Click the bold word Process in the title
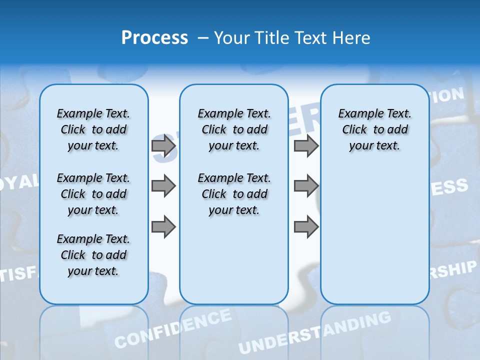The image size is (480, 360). tap(154, 38)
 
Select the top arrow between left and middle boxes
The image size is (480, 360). tap(163, 145)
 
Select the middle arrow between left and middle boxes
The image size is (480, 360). tap(163, 186)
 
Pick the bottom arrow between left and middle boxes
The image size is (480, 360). tap(163, 226)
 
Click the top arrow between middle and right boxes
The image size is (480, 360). tap(306, 145)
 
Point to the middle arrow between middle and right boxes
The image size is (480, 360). tap(306, 186)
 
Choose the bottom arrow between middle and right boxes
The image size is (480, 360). tap(306, 226)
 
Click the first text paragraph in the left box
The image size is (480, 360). tap(93, 129)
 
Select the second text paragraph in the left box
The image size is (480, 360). tap(93, 194)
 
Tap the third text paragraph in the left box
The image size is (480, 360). tap(93, 255)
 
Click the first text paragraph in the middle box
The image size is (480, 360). tap(234, 129)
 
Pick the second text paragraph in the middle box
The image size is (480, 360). tap(234, 194)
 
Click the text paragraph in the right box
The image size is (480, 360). tap(374, 129)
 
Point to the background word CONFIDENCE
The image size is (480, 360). tap(173, 328)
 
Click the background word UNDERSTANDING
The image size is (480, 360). tap(314, 332)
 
